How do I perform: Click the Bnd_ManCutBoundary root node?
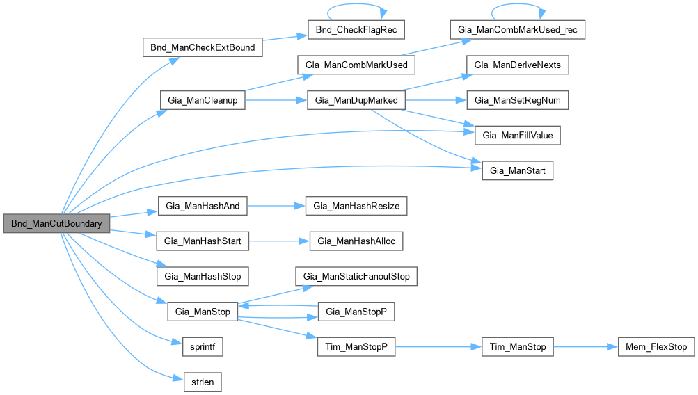pos(56,224)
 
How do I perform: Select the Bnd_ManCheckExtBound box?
pos(203,48)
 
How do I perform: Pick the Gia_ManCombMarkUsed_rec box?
pos(518,31)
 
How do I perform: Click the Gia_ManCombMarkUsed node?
pos(356,65)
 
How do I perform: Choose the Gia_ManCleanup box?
pos(203,100)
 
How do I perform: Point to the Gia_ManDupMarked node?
pos(356,100)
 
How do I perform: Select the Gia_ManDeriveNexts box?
pos(518,65)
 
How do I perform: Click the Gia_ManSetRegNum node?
pos(518,100)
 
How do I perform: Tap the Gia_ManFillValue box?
pos(518,136)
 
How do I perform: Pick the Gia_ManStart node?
pos(518,170)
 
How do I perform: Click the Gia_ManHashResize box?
pos(356,206)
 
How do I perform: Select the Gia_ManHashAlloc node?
pos(356,241)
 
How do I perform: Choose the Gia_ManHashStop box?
pos(203,276)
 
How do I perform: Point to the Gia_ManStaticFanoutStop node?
pos(356,276)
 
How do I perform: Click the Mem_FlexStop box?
pos(656,346)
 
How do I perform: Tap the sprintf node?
pos(203,346)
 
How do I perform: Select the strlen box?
pos(203,381)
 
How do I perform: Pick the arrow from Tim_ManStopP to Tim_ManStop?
pos(438,346)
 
